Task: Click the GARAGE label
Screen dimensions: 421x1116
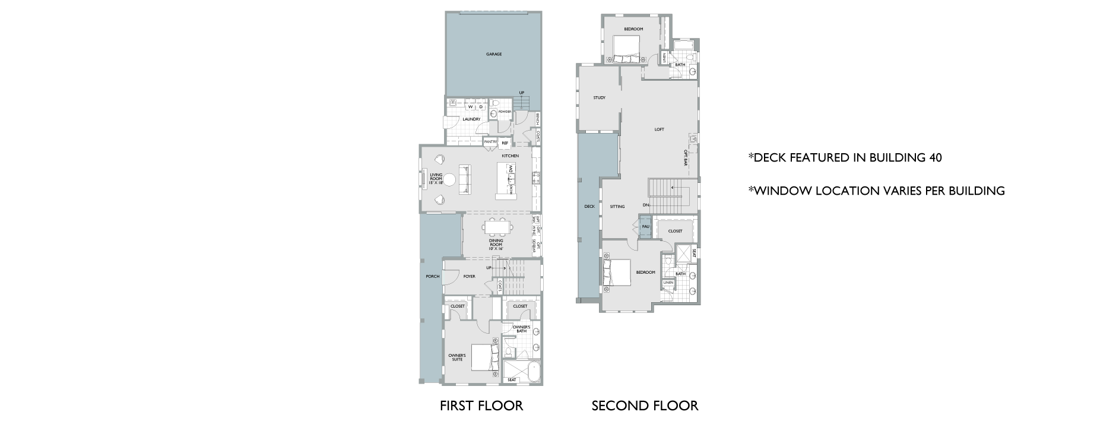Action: (494, 54)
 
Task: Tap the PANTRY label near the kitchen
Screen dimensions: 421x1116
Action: (490, 143)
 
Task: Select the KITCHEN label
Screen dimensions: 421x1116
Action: (510, 156)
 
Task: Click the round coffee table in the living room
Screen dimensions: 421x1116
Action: (449, 179)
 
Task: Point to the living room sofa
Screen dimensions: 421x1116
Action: (465, 179)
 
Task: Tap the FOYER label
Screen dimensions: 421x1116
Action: (470, 276)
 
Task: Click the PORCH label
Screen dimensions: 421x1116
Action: (432, 276)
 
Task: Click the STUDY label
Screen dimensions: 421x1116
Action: (599, 98)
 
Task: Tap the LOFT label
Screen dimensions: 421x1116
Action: (659, 129)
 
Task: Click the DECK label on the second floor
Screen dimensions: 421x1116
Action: (589, 207)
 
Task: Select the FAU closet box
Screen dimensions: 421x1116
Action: (645, 227)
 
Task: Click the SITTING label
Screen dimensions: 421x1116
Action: (617, 207)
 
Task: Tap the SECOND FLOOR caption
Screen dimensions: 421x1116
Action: (645, 406)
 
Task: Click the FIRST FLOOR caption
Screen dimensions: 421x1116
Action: (481, 406)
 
